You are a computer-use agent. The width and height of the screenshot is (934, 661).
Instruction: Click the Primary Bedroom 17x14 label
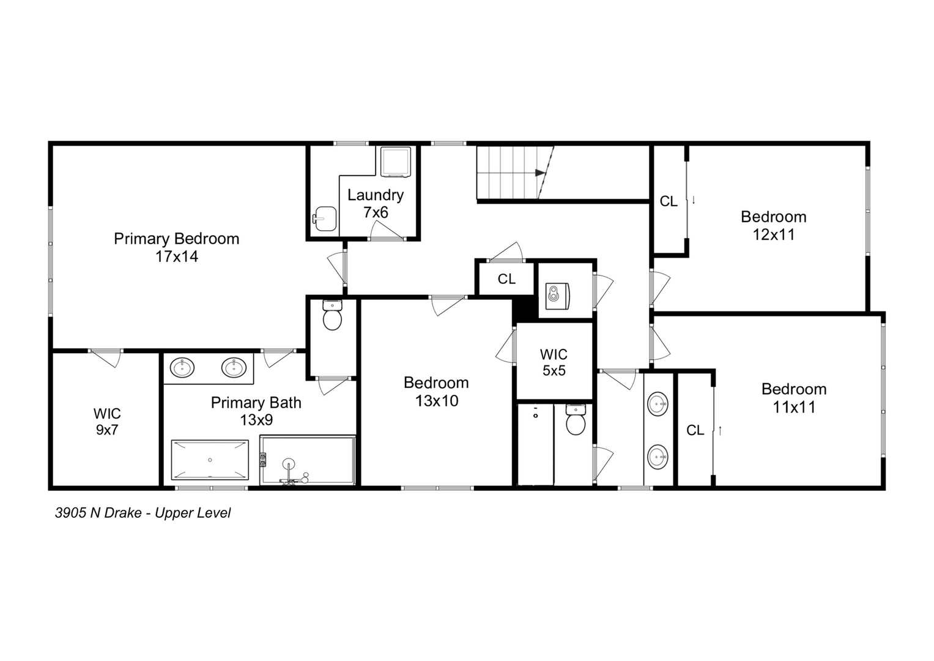pyautogui.click(x=176, y=247)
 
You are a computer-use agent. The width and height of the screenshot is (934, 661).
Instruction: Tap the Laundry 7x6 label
pyautogui.click(x=376, y=203)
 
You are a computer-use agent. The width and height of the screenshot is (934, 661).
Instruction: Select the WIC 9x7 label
pyautogui.click(x=106, y=422)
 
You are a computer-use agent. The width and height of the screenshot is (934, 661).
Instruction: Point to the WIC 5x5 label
pyautogui.click(x=554, y=362)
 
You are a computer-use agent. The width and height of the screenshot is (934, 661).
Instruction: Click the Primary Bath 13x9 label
pyautogui.click(x=256, y=411)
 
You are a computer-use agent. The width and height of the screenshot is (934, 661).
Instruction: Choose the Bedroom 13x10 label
pyautogui.click(x=436, y=392)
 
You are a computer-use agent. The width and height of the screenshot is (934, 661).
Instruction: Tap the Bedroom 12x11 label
pyautogui.click(x=773, y=225)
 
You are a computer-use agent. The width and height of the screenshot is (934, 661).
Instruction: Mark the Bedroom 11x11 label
pyautogui.click(x=793, y=398)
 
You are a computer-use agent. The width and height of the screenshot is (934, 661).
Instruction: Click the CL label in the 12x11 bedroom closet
pyautogui.click(x=669, y=201)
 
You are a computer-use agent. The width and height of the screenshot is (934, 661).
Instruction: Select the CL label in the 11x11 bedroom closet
pyautogui.click(x=695, y=430)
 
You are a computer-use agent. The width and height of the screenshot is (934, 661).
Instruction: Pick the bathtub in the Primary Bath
pyautogui.click(x=210, y=460)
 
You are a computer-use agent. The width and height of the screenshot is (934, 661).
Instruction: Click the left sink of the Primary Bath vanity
pyautogui.click(x=182, y=368)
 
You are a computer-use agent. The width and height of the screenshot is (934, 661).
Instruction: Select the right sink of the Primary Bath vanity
pyautogui.click(x=234, y=368)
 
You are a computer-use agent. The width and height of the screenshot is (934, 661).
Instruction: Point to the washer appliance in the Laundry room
pyautogui.click(x=395, y=162)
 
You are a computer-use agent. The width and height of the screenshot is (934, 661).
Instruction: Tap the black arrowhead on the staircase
pyautogui.click(x=540, y=173)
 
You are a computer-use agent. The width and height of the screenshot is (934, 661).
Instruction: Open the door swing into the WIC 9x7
pyautogui.click(x=108, y=357)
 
